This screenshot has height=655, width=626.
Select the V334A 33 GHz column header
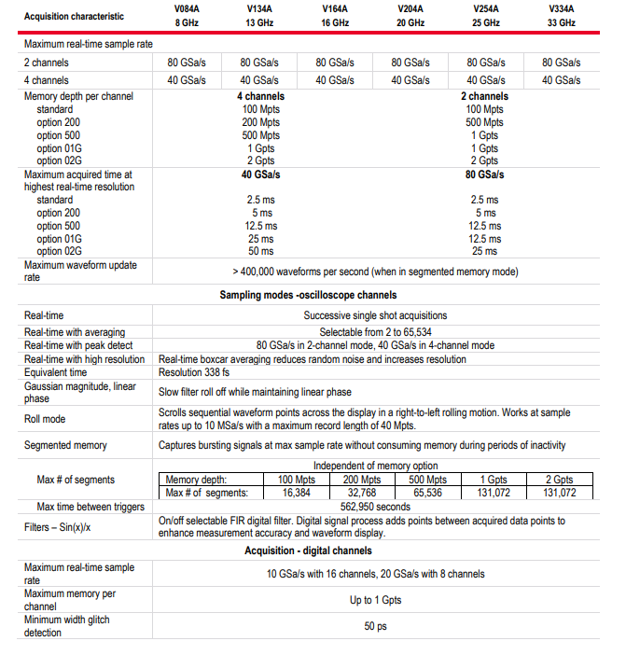(x=562, y=16)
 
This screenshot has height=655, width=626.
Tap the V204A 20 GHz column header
(x=410, y=16)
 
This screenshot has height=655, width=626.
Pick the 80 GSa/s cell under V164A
(x=335, y=63)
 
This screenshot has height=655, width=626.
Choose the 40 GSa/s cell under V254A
(x=485, y=80)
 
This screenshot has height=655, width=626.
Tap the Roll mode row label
(x=46, y=419)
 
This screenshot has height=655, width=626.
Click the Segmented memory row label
(x=65, y=446)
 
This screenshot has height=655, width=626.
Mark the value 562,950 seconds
(x=374, y=507)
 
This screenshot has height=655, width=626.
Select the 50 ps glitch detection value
(x=375, y=626)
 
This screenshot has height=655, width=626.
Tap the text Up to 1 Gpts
(x=375, y=600)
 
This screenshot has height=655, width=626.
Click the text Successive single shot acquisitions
(x=375, y=315)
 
